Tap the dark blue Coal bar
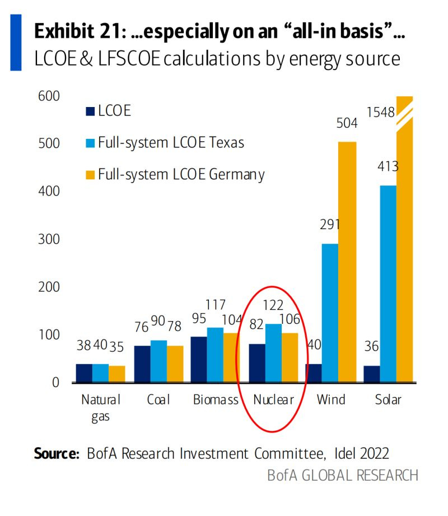143,364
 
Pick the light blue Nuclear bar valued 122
273,354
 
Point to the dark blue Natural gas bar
85,373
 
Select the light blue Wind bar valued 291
330,313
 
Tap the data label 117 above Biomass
215,305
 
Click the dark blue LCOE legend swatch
90,111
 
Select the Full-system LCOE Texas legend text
171,142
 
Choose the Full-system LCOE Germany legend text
181,174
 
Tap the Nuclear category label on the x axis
273,400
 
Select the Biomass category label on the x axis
216,400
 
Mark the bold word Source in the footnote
57,453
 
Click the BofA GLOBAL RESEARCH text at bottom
342,476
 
